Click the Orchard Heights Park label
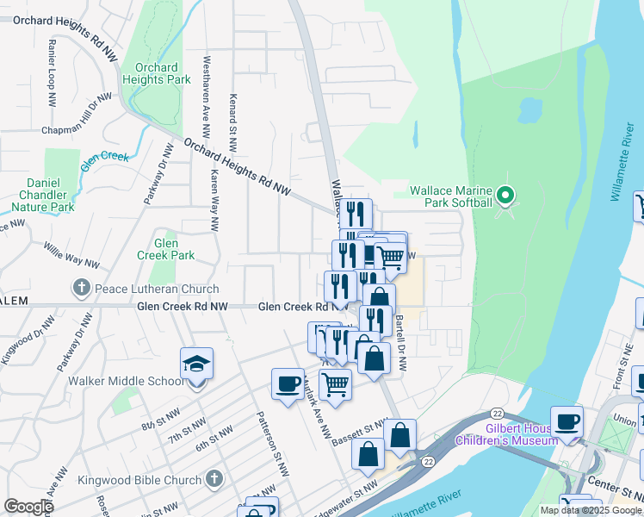[x=156, y=74]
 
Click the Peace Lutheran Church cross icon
[x=82, y=289]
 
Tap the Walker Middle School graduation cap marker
[x=196, y=365]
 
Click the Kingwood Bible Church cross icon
[x=214, y=480]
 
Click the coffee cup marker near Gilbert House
[x=567, y=420]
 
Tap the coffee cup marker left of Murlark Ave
[x=288, y=384]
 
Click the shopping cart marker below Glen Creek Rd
[x=336, y=384]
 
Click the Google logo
[x=29, y=507]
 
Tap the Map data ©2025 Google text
[x=591, y=510]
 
